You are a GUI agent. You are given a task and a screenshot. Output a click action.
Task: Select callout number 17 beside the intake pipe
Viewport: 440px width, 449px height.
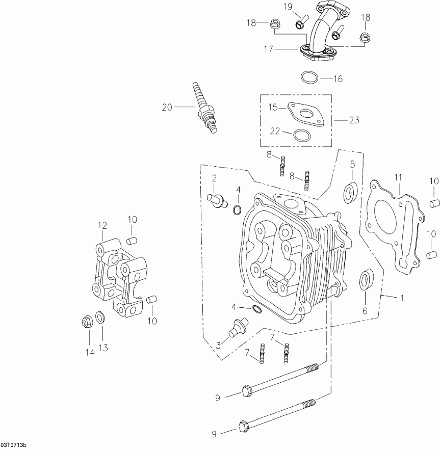click(269, 49)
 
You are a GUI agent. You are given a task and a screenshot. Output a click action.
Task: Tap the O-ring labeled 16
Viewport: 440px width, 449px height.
click(309, 78)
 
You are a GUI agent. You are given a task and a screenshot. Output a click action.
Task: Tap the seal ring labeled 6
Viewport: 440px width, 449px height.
click(366, 281)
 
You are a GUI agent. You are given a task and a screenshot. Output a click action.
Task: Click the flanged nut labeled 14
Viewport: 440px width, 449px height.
click(87, 322)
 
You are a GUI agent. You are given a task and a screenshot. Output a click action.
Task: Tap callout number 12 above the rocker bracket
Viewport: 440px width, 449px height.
click(102, 225)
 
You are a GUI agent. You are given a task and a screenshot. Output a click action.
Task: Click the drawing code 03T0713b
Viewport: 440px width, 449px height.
click(14, 445)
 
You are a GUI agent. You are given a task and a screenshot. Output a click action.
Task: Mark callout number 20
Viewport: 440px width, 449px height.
click(167, 107)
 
